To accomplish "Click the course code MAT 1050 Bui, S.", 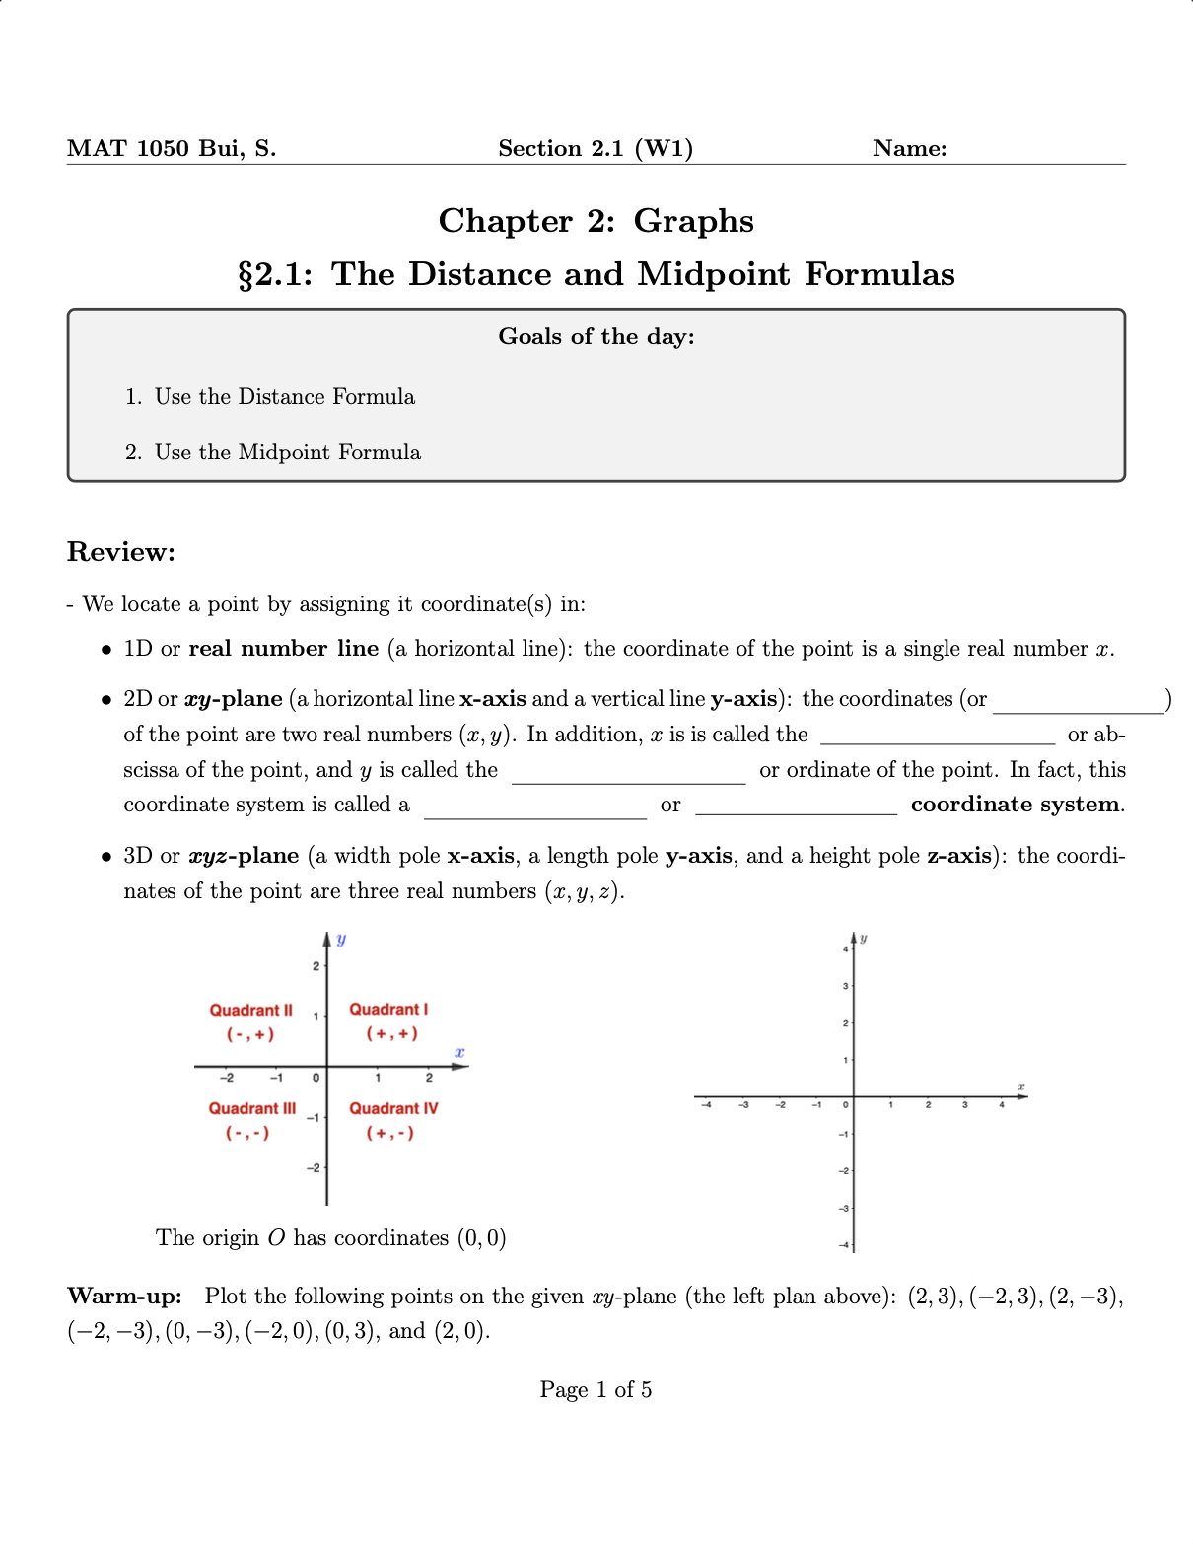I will click(x=172, y=148).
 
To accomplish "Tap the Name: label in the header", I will click(x=909, y=148).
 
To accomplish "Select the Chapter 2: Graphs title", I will click(x=596, y=221).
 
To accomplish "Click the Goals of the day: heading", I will click(x=596, y=337).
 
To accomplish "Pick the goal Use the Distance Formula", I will click(x=284, y=397).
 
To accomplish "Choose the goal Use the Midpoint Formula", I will click(x=287, y=453).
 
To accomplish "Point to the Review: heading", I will click(x=120, y=552).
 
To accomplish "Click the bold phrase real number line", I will click(x=283, y=649).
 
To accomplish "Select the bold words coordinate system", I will click(x=1016, y=805).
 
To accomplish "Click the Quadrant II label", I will click(x=250, y=1010).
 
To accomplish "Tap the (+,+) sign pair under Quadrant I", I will click(x=391, y=1034).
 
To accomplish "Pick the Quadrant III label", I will click(x=251, y=1108).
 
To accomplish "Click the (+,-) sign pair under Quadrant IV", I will click(x=389, y=1134).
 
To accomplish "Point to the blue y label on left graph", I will click(x=341, y=939).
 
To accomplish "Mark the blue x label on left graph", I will click(x=459, y=1052).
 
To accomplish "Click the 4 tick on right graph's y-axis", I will click(x=845, y=948).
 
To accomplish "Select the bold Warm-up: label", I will click(x=124, y=1296).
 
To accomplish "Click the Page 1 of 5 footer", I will click(x=596, y=1390).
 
